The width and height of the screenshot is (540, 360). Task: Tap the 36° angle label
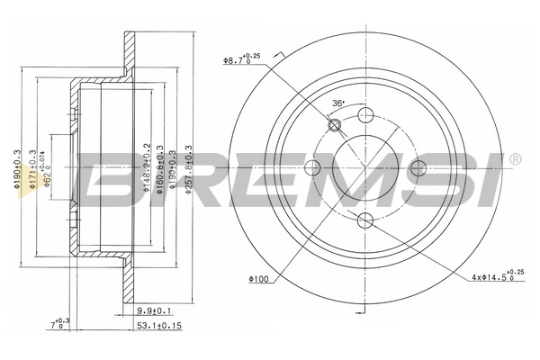(x=337, y=102)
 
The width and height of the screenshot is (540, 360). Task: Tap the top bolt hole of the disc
(x=365, y=115)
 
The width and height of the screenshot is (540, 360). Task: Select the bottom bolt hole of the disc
(x=365, y=221)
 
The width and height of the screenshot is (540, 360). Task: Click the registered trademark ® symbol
(x=514, y=160)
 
